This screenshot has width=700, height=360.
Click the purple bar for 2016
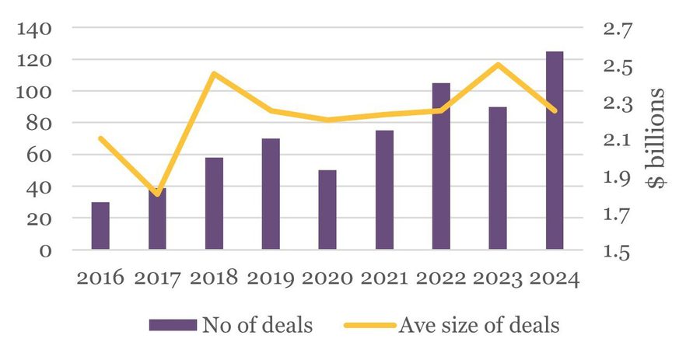click(x=100, y=226)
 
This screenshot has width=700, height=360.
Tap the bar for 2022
click(x=441, y=166)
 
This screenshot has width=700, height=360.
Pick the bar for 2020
click(x=327, y=210)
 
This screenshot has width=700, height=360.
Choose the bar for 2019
click(x=271, y=194)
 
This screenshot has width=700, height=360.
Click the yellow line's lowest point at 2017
click(x=157, y=194)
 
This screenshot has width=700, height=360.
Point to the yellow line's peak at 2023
click(x=498, y=65)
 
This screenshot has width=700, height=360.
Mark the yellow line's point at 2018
click(x=214, y=74)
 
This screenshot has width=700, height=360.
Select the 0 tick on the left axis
click(x=45, y=250)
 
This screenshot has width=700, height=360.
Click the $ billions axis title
click(x=656, y=138)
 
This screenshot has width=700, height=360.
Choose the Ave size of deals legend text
click(x=478, y=325)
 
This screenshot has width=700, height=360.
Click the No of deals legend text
click(x=257, y=325)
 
